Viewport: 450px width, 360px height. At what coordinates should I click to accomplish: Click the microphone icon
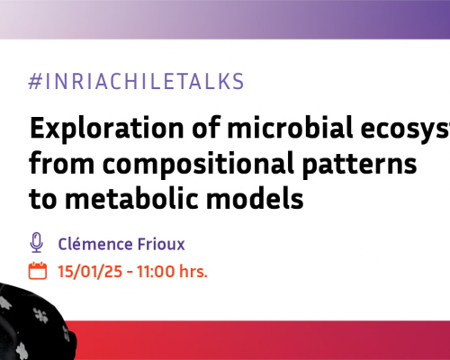37,243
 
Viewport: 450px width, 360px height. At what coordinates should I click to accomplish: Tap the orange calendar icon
38,271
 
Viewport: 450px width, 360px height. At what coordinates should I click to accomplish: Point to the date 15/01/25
85,271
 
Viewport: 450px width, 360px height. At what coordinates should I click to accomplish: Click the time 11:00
148,271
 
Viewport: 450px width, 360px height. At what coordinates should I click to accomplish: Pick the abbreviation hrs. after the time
191,271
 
